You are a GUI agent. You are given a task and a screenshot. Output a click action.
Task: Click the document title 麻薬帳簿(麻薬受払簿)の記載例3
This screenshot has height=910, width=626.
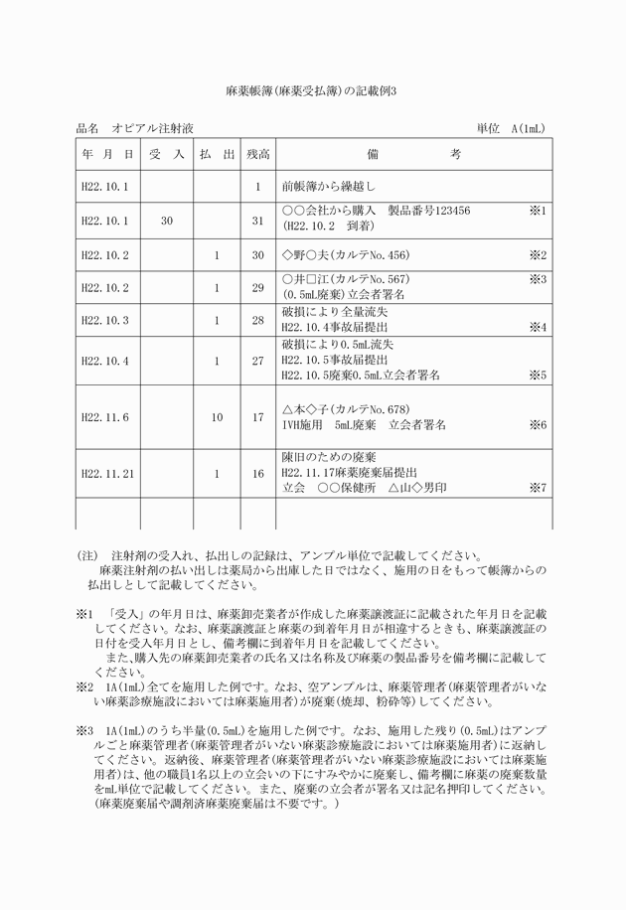[312, 89]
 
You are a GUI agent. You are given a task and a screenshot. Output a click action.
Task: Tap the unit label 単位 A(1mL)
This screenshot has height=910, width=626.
[511, 128]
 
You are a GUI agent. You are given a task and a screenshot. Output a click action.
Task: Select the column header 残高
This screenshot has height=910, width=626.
[257, 154]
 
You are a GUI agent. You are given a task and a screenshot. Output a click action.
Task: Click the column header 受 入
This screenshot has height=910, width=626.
[166, 154]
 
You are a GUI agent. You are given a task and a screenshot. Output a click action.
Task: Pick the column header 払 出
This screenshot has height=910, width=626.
[217, 154]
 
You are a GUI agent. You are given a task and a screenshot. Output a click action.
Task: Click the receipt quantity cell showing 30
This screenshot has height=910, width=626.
[166, 220]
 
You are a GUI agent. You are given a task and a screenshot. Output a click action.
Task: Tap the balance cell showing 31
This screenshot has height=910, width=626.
[257, 220]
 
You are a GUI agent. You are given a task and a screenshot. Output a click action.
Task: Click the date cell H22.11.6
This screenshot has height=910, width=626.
[105, 417]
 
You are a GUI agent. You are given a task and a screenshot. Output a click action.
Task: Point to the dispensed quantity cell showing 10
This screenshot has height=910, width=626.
[217, 417]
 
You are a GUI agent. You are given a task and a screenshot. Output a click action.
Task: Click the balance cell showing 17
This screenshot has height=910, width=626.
[257, 417]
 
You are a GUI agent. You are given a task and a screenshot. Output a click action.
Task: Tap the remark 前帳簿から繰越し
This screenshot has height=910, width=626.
[328, 186]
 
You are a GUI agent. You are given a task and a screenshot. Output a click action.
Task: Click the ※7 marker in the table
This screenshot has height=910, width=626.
[538, 488]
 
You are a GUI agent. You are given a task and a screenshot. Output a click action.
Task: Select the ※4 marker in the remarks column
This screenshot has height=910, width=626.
[538, 326]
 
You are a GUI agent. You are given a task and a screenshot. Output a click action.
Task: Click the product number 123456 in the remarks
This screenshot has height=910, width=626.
[443, 212]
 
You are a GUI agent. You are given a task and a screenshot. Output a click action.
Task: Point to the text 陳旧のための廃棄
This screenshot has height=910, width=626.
[329, 458]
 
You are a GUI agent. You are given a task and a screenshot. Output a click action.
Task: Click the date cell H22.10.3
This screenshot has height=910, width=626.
[105, 320]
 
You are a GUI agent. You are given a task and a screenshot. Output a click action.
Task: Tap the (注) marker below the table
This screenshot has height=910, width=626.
[88, 555]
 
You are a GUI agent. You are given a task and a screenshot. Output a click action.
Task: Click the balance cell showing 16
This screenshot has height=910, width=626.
[257, 474]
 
